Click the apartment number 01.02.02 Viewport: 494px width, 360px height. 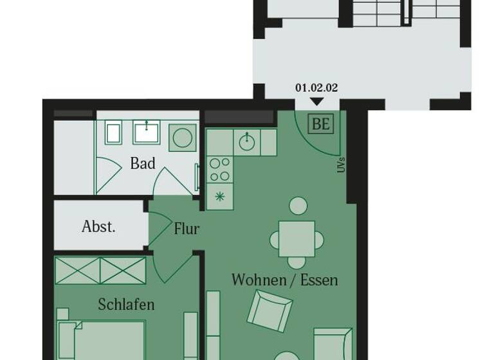pos(316,87)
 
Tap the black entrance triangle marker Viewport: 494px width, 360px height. pos(316,101)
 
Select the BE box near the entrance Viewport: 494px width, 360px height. pos(321,123)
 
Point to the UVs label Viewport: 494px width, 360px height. pos(340,165)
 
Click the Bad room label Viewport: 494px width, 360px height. pos(143,163)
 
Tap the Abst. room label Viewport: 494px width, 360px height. pos(98,226)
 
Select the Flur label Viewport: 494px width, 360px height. pos(187,228)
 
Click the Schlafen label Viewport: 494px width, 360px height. pos(126,304)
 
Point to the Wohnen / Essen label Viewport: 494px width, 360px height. pos(284,280)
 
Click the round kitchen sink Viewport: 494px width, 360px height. pos(246,142)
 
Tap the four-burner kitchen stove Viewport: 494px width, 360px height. pos(220,170)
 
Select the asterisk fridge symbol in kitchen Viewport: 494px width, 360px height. pos(220,197)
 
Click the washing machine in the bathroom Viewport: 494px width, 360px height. pos(182,137)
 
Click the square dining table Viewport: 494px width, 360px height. pos(297,239)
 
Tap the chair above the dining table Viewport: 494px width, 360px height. pos(298,206)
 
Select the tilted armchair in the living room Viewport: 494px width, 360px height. pos(270,310)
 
